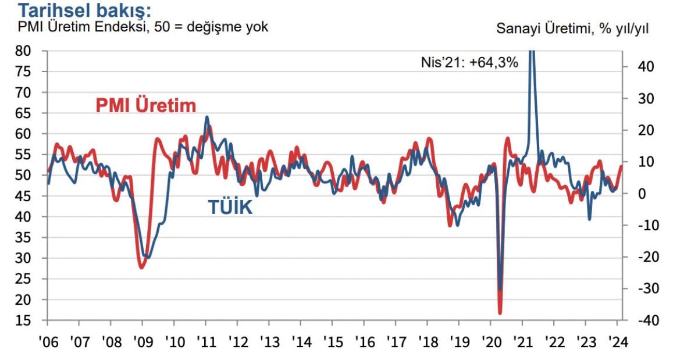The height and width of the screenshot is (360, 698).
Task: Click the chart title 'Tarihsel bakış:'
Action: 86,10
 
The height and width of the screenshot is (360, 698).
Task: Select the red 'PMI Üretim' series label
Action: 145,105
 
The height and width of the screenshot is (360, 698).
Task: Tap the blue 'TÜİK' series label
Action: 230,207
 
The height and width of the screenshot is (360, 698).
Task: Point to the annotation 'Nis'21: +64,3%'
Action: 469,62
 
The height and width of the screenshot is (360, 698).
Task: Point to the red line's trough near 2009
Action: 141,267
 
